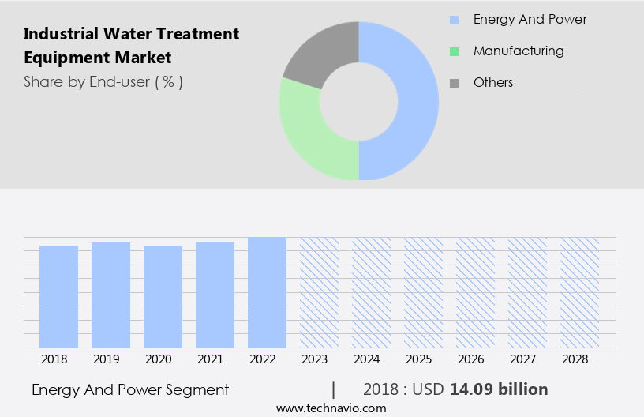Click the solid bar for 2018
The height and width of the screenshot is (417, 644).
(x=59, y=296)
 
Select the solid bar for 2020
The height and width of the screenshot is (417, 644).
(x=163, y=297)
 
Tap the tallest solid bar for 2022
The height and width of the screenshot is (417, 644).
(x=267, y=292)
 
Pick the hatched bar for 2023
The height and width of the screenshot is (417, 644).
(x=319, y=292)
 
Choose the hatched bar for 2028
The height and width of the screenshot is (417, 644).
(x=579, y=292)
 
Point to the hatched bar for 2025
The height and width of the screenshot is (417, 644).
(x=423, y=292)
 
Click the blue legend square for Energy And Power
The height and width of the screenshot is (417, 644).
(x=454, y=20)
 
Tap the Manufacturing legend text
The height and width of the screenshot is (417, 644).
(x=519, y=51)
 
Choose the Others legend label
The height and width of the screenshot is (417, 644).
(x=493, y=83)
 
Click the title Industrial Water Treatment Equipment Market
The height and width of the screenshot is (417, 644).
(x=131, y=46)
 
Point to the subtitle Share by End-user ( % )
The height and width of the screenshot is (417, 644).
(x=103, y=81)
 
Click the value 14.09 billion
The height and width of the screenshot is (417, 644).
(x=499, y=389)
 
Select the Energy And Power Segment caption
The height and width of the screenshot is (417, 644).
(x=130, y=389)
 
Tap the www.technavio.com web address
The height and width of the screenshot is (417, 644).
(x=331, y=408)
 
